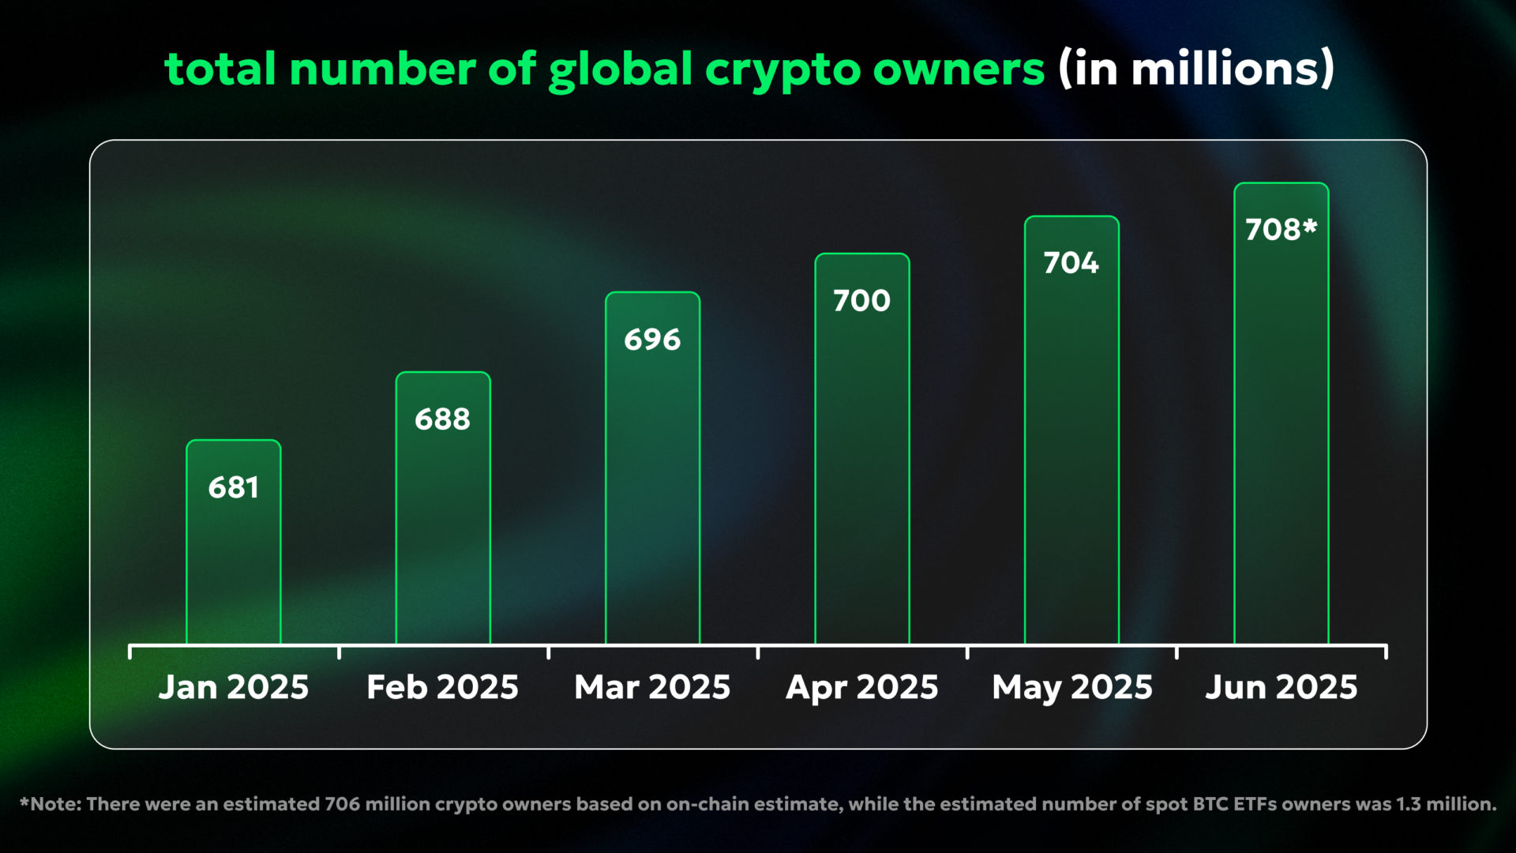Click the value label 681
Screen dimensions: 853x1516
[234, 487]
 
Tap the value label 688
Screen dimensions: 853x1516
[443, 419]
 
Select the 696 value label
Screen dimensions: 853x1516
[652, 340]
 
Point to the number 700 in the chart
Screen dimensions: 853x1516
[862, 301]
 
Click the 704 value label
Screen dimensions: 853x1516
[1071, 263]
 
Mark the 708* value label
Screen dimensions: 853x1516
[1281, 230]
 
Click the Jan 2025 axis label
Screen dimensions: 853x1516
[234, 687]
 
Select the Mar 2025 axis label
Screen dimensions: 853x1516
[652, 687]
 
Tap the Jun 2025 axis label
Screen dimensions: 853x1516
[1281, 687]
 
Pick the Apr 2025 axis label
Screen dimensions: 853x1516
[862, 687]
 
